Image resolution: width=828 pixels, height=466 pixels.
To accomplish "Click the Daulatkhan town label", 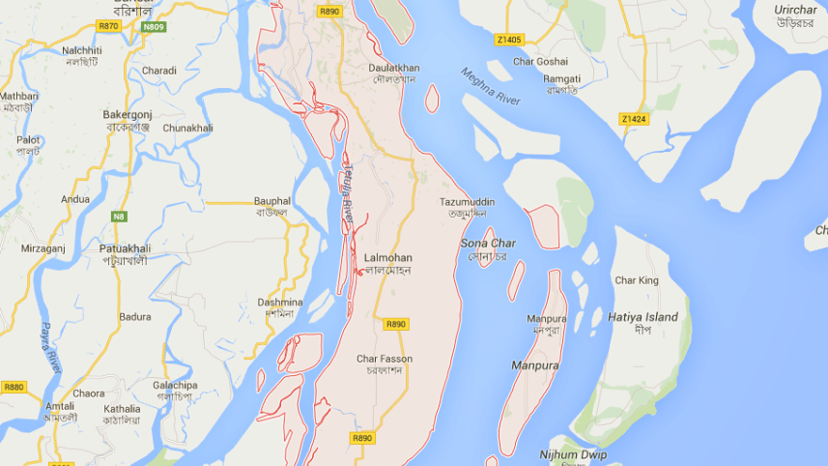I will [x=394, y=68].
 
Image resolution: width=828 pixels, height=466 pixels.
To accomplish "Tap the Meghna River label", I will [x=491, y=88].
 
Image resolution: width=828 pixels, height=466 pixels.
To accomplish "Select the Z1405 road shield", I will [x=508, y=40].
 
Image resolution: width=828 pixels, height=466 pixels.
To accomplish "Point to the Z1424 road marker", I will [x=633, y=119].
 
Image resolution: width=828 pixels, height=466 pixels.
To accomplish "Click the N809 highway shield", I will [x=153, y=26].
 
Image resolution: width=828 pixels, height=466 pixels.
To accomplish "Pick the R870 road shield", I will [x=108, y=26].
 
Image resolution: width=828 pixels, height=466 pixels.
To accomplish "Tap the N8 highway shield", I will [x=119, y=216].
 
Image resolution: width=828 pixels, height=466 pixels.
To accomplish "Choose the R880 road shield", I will [x=14, y=387].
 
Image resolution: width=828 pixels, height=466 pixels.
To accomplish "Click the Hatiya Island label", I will [x=642, y=317].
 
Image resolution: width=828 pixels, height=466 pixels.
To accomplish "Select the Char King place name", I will [x=636, y=280].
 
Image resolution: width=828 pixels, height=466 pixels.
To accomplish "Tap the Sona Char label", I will [x=488, y=244].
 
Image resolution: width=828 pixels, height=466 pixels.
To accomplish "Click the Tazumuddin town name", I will [x=467, y=202].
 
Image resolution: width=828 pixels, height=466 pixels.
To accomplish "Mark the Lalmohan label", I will [x=388, y=258].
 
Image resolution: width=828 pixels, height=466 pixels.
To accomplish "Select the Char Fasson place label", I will [x=384, y=359].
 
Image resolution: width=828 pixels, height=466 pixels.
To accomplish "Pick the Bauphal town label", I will [x=271, y=200].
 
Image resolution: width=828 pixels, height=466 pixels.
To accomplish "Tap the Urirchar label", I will [x=795, y=10].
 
